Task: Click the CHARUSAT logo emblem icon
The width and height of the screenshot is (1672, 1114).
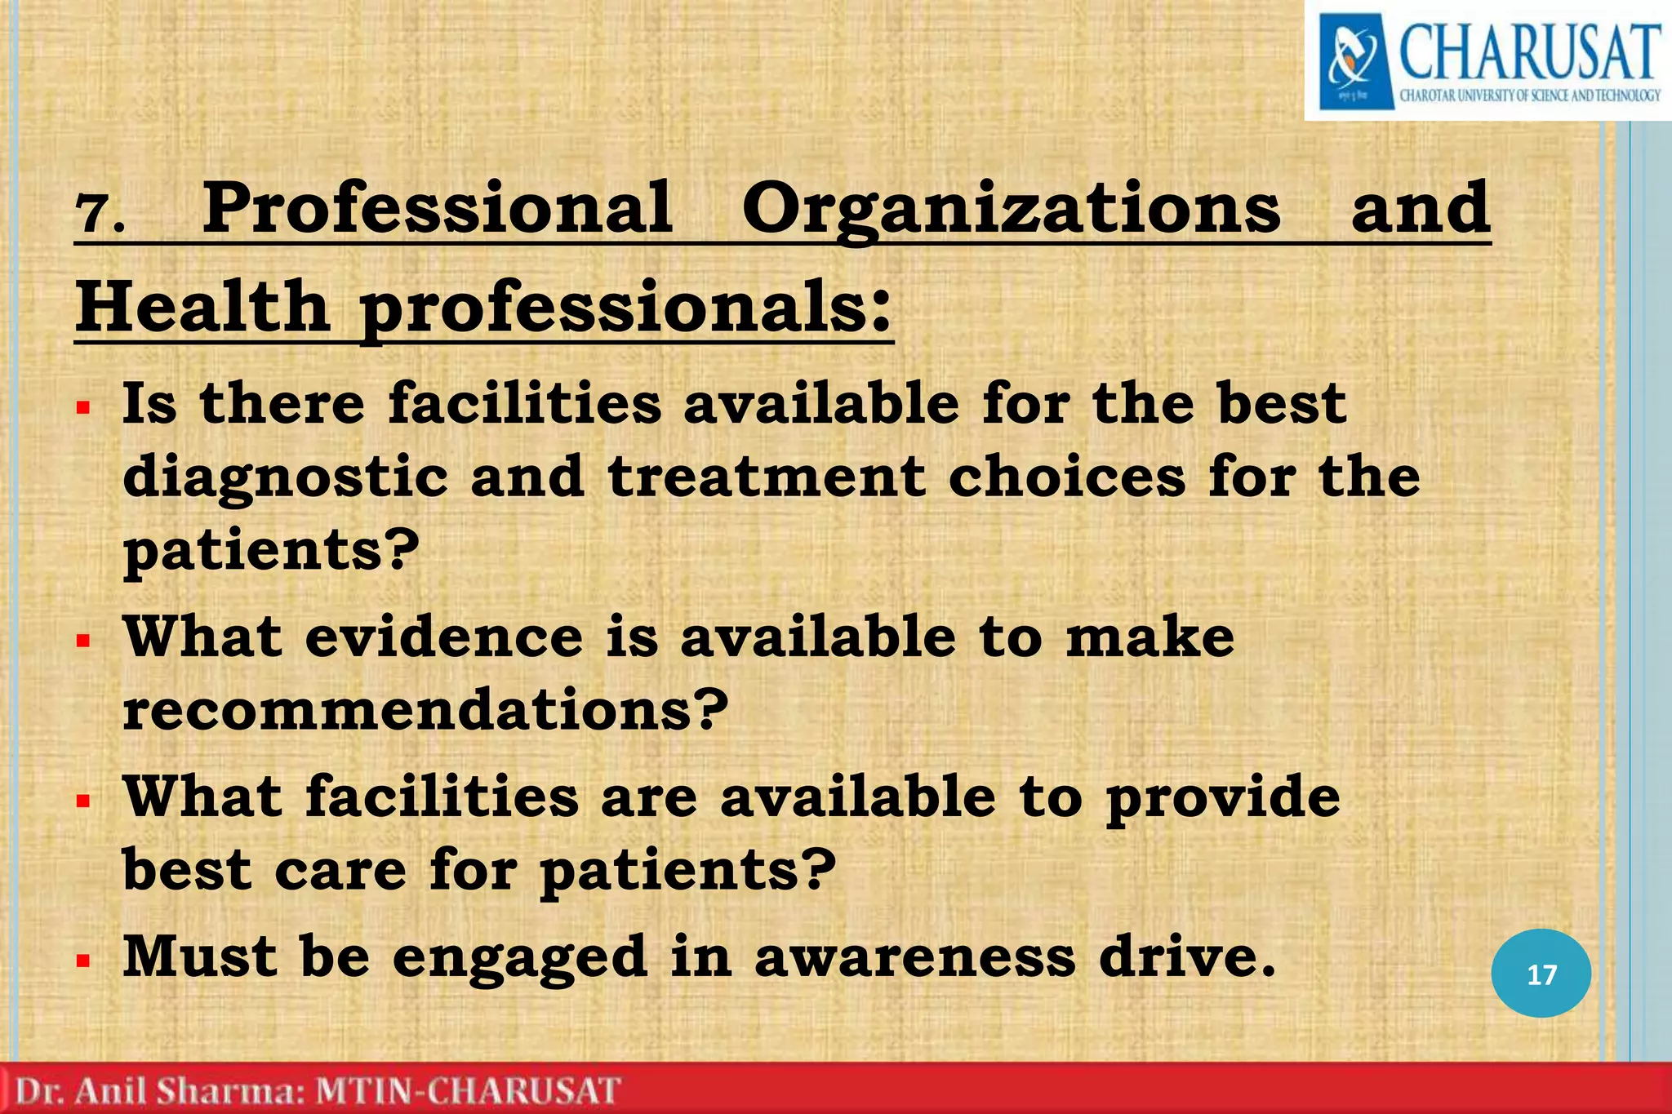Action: click(1353, 61)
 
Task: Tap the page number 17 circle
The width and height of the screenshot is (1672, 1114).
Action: click(1541, 974)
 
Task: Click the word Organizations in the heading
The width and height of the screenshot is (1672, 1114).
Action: click(1011, 209)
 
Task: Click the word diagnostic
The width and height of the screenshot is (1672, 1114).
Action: click(285, 478)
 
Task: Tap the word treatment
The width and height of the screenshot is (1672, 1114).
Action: click(767, 477)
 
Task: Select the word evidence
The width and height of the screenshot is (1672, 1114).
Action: click(444, 637)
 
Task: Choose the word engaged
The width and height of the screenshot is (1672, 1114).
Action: click(520, 958)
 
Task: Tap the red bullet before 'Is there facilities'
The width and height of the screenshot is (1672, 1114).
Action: click(82, 406)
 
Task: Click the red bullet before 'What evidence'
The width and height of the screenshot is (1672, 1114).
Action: click(82, 641)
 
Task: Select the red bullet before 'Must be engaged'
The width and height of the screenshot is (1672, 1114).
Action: click(82, 960)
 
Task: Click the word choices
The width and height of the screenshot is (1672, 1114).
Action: click(1066, 477)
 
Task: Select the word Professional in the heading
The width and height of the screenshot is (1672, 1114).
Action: click(438, 209)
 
